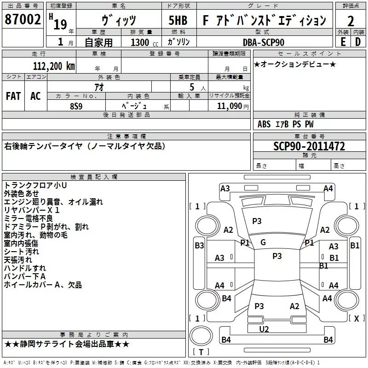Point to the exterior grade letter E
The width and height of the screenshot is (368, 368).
coord(343,41)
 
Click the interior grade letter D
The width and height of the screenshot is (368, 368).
coord(358,41)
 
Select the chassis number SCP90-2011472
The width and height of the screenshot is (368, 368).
coord(309,146)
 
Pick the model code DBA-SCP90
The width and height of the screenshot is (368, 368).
coord(264,42)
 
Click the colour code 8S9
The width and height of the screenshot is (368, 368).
coord(76,105)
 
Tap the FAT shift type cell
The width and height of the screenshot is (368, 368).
coord(13,96)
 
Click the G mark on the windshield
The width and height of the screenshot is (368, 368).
coord(263,242)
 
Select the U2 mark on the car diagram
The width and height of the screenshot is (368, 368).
coord(264,329)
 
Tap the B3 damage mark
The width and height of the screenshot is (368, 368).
coord(199,246)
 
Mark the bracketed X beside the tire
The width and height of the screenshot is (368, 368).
coord(356,318)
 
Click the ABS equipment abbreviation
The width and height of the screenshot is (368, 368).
coord(264,124)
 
